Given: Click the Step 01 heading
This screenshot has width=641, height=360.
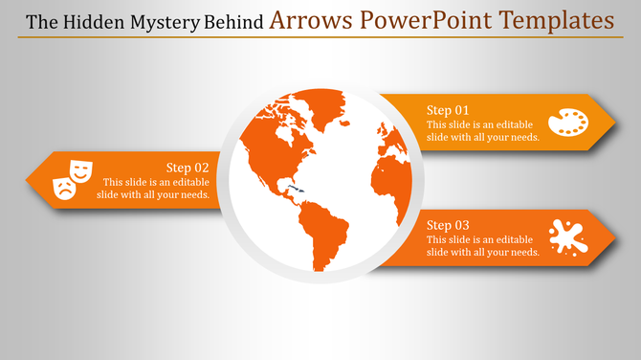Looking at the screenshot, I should [448, 109].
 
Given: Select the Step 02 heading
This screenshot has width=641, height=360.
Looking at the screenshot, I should [188, 167].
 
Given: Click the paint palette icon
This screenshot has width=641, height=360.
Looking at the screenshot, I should [568, 123].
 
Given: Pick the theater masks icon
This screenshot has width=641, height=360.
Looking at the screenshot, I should [72, 179].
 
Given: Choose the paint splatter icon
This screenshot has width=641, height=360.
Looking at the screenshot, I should [568, 236].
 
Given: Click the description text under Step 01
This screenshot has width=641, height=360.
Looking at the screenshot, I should [483, 131].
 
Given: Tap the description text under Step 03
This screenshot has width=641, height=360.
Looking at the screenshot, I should [483, 245].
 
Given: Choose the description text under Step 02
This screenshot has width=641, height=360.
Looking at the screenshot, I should [153, 189].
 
